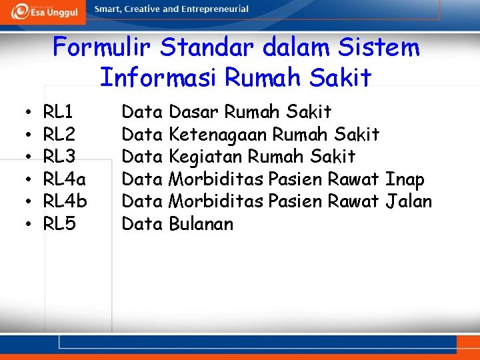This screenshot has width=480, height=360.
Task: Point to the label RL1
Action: tap(59, 111)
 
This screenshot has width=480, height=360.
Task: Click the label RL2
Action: tap(59, 134)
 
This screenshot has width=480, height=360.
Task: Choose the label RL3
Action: tap(59, 157)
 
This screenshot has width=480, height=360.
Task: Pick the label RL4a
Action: tap(65, 179)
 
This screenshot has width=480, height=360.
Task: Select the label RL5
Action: tap(59, 224)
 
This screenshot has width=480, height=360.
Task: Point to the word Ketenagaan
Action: tap(218, 134)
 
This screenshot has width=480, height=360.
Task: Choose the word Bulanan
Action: tap(201, 224)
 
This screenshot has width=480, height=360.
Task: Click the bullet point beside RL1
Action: tap(23, 111)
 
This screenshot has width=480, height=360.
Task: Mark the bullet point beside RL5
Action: tap(23, 224)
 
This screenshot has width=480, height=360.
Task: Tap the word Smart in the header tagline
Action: tap(107, 9)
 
